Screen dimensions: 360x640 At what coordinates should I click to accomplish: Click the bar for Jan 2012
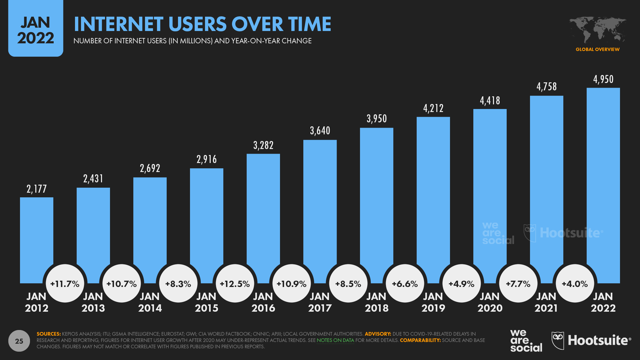[x=37, y=233]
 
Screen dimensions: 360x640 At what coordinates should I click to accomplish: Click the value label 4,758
[x=547, y=87]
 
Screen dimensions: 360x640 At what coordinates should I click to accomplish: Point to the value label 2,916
[x=207, y=159]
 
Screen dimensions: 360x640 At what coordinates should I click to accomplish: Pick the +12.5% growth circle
[x=235, y=284]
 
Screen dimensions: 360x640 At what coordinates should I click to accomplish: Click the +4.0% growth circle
[x=575, y=284]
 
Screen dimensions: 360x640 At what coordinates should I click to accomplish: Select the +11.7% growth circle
[x=65, y=284]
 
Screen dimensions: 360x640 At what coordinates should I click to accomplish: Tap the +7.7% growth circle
[x=518, y=284]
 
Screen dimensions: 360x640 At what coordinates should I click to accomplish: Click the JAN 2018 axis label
[x=377, y=302]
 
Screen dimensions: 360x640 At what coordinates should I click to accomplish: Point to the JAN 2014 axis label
[x=150, y=302]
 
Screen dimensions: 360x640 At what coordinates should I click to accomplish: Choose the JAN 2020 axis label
[x=490, y=302]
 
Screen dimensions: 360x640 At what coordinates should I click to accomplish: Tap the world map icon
[x=597, y=30]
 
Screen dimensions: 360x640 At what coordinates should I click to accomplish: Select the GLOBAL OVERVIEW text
[x=597, y=49]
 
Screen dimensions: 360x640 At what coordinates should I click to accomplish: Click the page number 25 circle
[x=19, y=341]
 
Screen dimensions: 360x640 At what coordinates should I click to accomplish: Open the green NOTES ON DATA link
[x=335, y=340]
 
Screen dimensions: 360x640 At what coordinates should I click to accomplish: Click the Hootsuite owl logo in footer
[x=558, y=340]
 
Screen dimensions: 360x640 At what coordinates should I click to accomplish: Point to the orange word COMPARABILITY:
[x=420, y=340]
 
